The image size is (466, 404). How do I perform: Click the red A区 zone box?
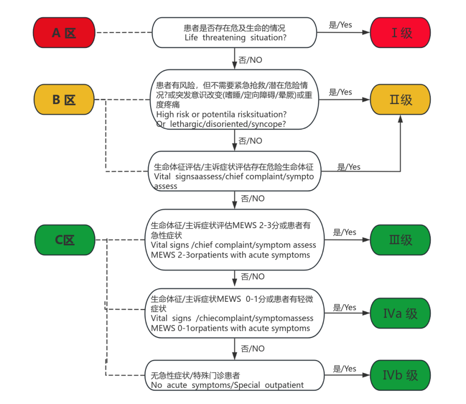click(64, 32)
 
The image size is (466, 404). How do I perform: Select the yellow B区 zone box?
click(64, 100)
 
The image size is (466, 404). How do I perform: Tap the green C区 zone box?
click(65, 240)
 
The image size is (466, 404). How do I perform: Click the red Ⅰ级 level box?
click(400, 32)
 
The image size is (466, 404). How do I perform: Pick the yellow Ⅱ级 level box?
click(400, 100)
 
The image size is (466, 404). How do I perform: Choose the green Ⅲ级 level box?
click(400, 240)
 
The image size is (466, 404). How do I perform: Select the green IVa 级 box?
click(400, 313)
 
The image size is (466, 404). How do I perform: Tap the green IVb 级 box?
click(400, 375)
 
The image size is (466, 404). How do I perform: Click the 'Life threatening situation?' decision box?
click(234, 32)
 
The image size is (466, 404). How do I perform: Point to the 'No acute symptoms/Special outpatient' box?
click(234, 380)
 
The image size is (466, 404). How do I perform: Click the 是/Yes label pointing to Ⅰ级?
click(340, 25)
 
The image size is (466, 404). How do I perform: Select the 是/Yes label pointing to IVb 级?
click(344, 369)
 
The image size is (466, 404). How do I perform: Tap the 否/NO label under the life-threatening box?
click(250, 60)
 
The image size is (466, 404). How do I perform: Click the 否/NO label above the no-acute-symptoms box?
click(253, 349)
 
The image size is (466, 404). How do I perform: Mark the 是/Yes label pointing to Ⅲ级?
click(344, 232)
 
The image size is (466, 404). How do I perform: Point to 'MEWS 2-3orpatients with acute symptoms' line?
click(230, 255)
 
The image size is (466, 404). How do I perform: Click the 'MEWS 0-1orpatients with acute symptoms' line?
click(230, 328)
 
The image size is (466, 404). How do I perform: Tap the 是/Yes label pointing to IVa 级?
click(344, 308)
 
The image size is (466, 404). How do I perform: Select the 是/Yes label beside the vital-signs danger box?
click(349, 167)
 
